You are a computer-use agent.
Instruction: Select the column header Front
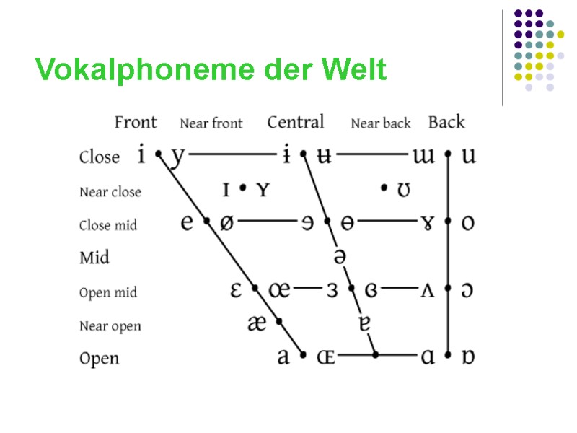135,123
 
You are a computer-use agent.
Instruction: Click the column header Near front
211,123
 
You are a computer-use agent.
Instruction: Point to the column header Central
296,123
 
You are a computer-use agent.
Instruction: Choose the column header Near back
380,123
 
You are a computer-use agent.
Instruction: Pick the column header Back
446,123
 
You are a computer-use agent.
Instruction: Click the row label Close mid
108,225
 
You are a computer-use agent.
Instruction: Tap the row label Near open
110,326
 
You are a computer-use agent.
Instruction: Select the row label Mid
94,257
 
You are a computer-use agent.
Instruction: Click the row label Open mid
108,292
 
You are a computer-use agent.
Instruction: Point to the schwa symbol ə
339,256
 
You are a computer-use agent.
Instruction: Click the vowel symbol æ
257,324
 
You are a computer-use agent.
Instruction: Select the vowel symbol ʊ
405,191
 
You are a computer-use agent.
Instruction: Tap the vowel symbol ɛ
236,290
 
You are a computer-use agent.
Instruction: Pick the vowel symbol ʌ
427,290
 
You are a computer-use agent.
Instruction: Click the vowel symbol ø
226,223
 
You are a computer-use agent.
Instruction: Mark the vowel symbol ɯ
424,156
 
